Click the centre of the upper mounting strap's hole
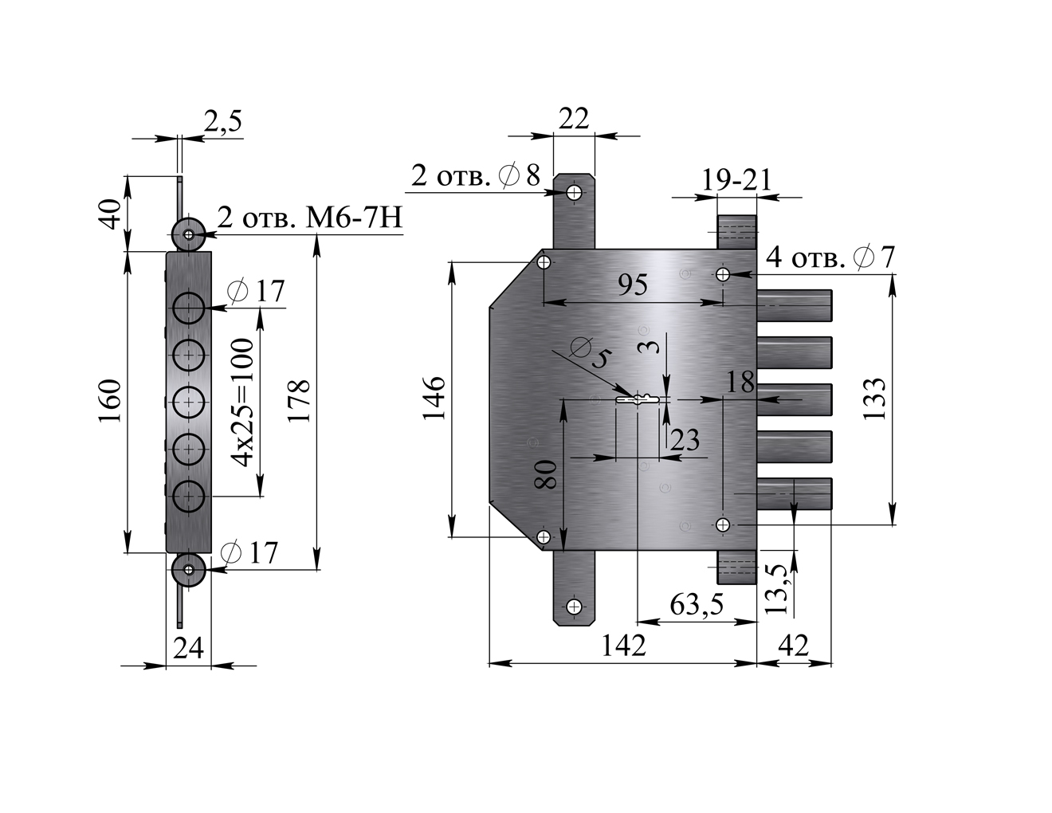[574, 193]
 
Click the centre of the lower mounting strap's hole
[574, 607]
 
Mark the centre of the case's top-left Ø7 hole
[544, 263]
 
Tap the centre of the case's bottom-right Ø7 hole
[723, 524]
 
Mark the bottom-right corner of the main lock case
[756, 551]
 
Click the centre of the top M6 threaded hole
[188, 235]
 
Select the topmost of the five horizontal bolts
[794, 306]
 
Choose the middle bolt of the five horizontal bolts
[794, 400]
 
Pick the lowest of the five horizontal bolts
[794, 494]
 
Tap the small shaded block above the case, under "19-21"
[736, 233]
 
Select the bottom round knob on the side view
[189, 570]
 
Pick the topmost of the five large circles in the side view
[189, 308]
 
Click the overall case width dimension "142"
[623, 646]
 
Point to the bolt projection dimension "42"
[792, 646]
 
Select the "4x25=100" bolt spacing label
[242, 403]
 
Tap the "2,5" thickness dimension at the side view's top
[222, 121]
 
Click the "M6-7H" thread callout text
[354, 218]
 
